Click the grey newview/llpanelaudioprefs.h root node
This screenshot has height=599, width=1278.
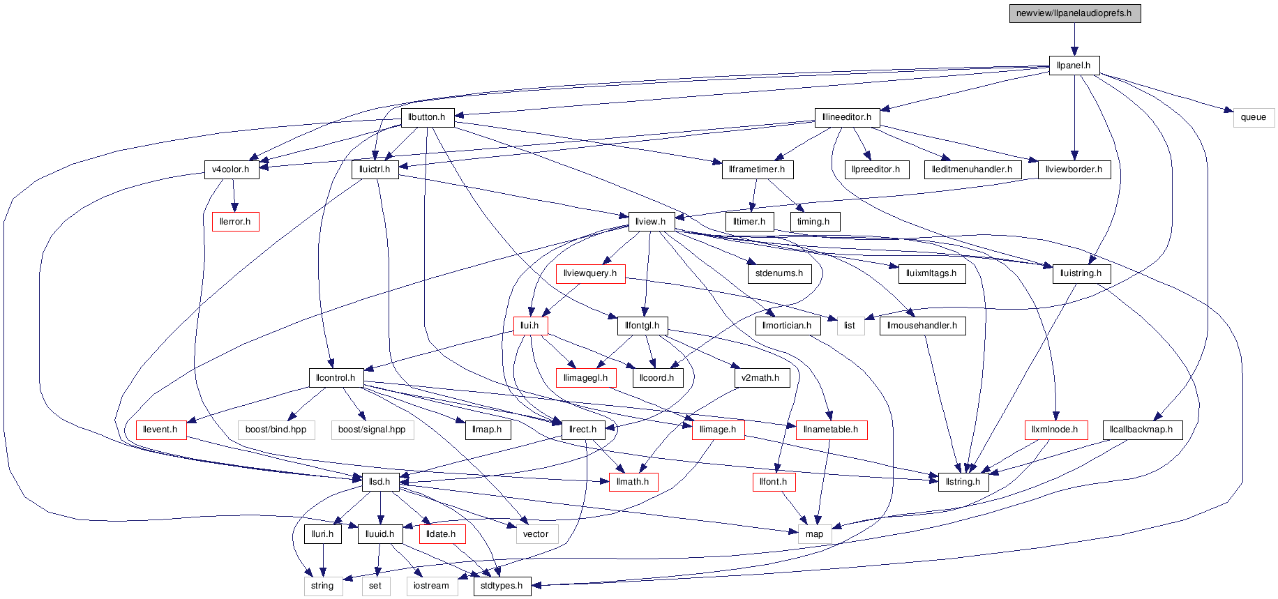(1074, 13)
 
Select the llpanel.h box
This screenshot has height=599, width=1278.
(1074, 66)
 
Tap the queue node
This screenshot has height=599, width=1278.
(1254, 117)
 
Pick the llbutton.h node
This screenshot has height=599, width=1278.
(427, 117)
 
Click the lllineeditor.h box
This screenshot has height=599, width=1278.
(847, 117)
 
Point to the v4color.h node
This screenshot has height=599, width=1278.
(231, 169)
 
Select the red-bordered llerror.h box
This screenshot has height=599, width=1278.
(235, 222)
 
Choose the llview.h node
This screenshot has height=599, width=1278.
(650, 222)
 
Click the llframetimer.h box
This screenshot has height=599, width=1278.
(757, 169)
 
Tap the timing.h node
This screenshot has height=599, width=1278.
(813, 222)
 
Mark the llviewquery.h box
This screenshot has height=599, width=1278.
(590, 273)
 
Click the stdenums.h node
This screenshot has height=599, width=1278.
(779, 273)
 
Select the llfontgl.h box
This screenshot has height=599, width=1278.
(642, 326)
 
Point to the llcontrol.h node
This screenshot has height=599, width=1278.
(336, 378)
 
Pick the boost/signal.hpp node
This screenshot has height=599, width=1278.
(372, 430)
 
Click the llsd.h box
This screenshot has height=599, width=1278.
(379, 482)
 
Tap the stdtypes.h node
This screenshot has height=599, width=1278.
(502, 586)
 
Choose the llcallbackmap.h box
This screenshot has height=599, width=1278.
(1141, 430)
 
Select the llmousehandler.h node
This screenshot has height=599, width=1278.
(922, 326)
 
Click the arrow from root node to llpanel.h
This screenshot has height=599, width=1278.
(1074, 39)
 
